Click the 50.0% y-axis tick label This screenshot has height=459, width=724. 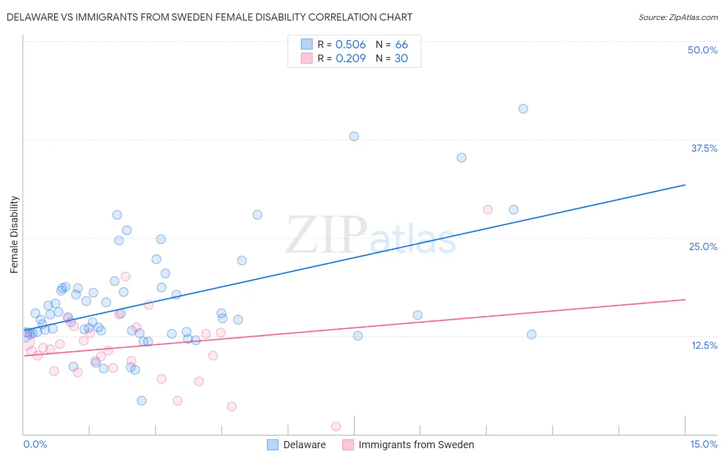coord(702,50)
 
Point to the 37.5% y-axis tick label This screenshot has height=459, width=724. coord(704,148)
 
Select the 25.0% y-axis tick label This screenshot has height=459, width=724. coord(703,246)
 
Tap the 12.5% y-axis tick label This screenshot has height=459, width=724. coord(704,345)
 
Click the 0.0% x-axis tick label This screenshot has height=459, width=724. coord(35,444)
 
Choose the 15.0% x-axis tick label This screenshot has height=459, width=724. coord(703,444)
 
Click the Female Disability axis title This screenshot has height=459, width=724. coord(14,234)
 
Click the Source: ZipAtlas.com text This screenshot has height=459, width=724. coord(678,17)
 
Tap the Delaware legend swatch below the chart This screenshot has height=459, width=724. coord(272,445)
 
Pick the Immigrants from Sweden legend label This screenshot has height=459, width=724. coord(416,445)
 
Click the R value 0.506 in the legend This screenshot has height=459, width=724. coord(350,44)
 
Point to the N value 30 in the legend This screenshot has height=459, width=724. coord(401,58)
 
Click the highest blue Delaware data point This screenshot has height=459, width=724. coord(523,109)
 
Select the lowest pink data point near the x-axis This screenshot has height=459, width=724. coord(336,426)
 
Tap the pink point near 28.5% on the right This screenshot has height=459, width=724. coord(488,209)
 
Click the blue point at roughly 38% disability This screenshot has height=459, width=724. coord(354,136)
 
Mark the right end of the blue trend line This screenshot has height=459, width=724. coord(685,185)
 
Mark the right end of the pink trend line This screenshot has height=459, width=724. coord(685,299)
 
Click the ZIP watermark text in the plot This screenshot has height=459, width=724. coord(326,235)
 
